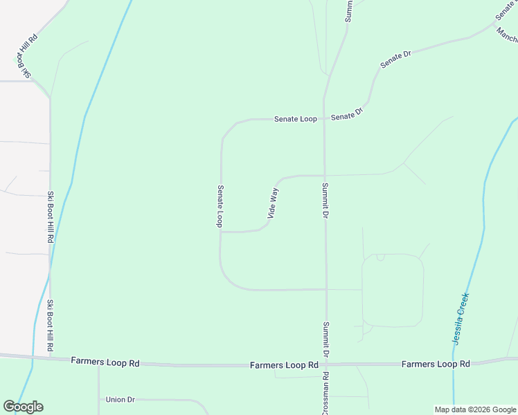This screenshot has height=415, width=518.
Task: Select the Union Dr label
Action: tap(120, 399)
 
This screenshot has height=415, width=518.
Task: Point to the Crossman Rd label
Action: tap(325, 393)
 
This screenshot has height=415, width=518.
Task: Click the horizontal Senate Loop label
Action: tap(295, 119)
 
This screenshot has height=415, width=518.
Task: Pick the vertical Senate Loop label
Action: tap(220, 206)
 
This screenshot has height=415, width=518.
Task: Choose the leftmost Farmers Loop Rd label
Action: tap(105, 361)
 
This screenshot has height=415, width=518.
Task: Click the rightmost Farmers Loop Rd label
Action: tap(436, 364)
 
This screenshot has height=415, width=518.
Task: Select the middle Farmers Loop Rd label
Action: tap(284, 365)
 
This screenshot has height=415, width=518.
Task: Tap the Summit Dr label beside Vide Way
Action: tap(324, 201)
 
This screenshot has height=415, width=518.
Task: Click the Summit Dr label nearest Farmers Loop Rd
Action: tap(325, 339)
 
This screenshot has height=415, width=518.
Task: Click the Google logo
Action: tap(23, 407)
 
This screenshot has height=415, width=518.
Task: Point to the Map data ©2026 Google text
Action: tap(475, 409)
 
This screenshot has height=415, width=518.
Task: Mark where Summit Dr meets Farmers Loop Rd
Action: tap(325, 364)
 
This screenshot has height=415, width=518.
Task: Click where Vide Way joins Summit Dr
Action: tap(325, 175)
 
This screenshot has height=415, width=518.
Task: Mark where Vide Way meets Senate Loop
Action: tap(221, 232)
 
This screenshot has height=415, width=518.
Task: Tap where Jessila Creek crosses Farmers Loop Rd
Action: tap(454, 363)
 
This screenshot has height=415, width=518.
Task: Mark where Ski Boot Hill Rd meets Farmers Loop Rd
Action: tap(51, 358)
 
